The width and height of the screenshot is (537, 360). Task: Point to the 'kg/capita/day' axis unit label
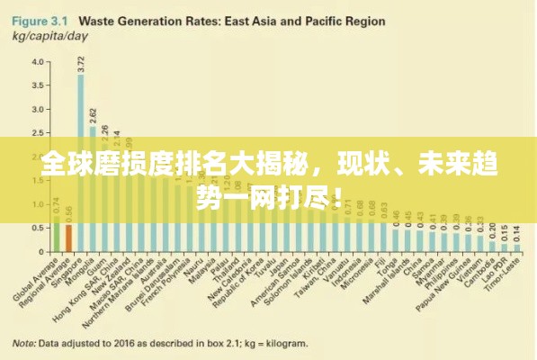click(x=50, y=35)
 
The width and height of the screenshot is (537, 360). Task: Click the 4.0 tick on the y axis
click(x=38, y=62)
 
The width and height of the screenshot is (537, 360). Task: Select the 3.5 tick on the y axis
click(x=38, y=85)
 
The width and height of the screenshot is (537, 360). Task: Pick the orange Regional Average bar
click(x=68, y=238)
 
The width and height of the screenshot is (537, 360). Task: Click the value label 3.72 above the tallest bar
click(x=81, y=63)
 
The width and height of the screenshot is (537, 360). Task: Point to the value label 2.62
click(x=93, y=115)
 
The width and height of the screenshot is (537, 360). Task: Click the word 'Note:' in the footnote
click(x=24, y=342)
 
